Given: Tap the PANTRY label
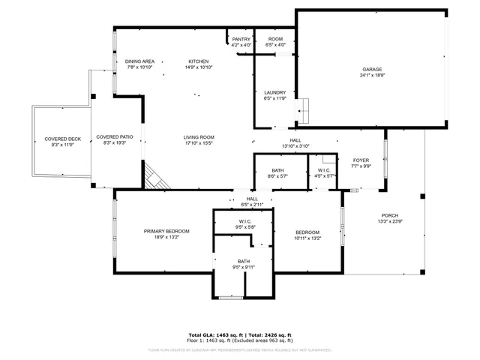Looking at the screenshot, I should point(241,39).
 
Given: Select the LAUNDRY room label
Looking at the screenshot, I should point(275,92).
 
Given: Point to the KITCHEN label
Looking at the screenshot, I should point(199,61).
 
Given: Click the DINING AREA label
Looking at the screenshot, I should point(139,61).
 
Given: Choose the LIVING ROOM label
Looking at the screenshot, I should point(199,137).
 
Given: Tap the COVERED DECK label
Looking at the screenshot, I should point(62,139).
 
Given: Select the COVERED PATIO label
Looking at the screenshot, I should point(115,137).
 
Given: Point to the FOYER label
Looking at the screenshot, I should point(361,160).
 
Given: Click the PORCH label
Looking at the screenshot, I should point(390,215).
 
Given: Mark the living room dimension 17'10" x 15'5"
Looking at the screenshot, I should point(199,143).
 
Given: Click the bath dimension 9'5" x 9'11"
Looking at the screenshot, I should point(244,267).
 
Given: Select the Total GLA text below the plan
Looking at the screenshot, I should point(213,334).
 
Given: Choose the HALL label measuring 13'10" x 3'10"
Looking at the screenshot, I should point(295,140).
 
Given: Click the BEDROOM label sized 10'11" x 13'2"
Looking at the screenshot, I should point(307,232).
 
